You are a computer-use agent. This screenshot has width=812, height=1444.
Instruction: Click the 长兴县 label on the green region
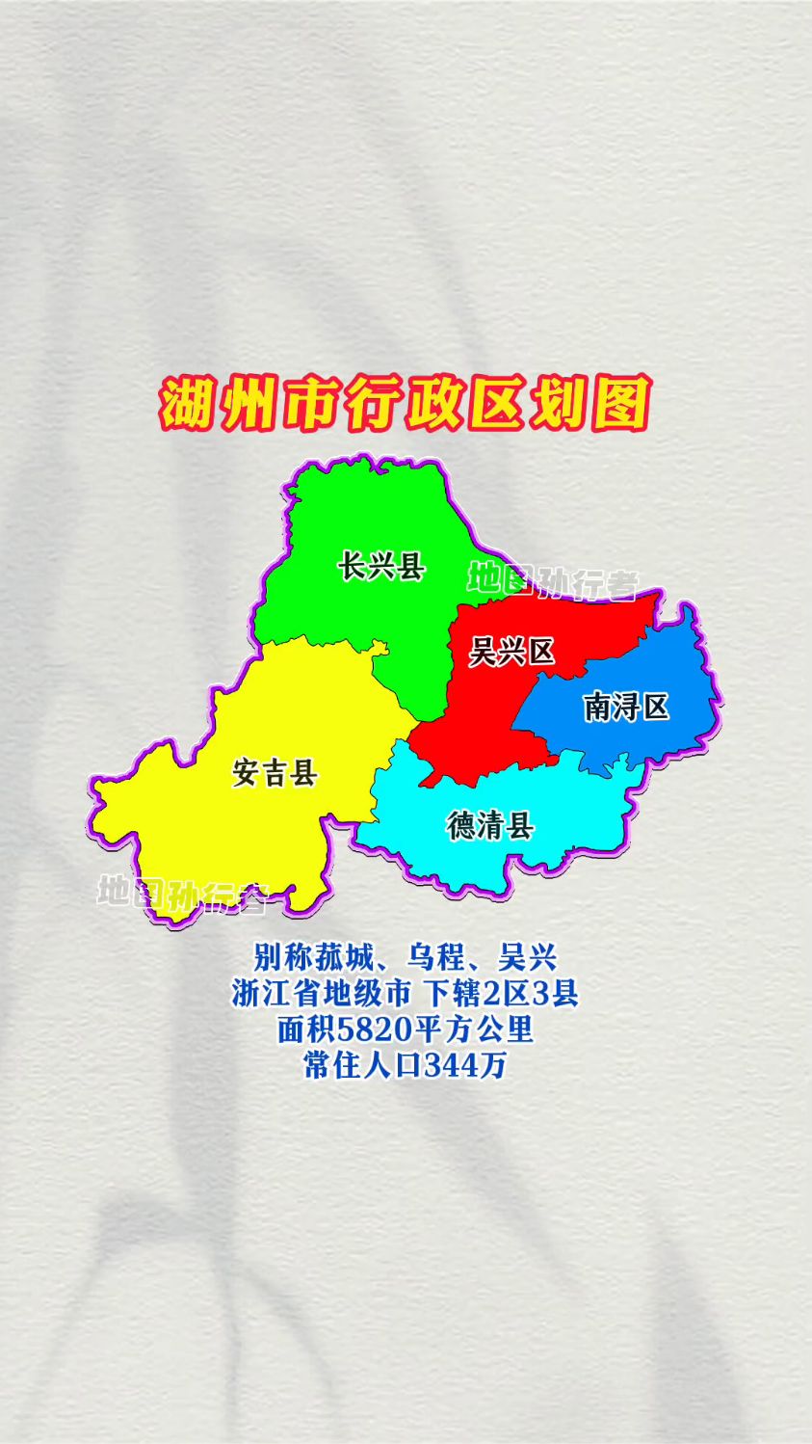point(381,566)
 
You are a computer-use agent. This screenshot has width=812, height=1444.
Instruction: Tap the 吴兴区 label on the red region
point(511,652)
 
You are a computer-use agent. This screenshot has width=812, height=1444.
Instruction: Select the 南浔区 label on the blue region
point(626,708)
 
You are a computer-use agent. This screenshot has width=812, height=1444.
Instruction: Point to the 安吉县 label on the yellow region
point(275,772)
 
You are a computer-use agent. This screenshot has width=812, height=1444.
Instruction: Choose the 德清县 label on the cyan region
point(490,825)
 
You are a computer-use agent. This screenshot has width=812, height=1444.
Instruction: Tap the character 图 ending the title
point(621,405)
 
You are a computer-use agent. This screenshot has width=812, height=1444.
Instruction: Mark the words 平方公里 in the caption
point(475,1030)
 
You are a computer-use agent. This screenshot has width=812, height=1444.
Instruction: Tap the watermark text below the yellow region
point(181,894)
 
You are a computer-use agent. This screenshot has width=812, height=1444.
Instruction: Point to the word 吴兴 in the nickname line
point(528,957)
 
